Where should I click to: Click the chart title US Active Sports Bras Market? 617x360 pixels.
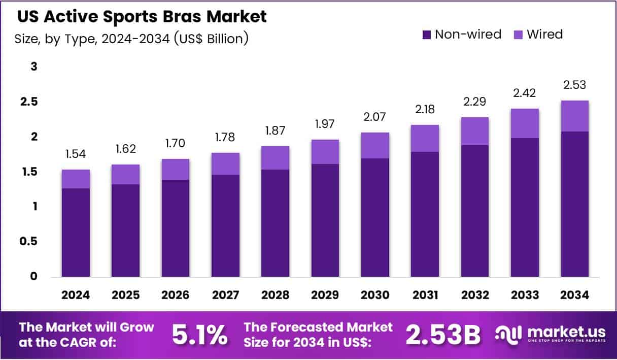point(142,17)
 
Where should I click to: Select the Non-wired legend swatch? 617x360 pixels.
point(427,35)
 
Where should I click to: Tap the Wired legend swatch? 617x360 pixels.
point(519,35)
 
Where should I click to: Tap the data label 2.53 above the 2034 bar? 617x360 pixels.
point(574,85)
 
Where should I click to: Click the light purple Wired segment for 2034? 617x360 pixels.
point(574,116)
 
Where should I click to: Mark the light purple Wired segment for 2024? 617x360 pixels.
point(76,179)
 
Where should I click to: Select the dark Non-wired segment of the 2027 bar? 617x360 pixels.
point(225,225)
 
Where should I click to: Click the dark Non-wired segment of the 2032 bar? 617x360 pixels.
point(474,211)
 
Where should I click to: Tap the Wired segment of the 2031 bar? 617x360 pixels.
point(425,138)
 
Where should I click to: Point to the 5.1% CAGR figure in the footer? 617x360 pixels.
point(199,334)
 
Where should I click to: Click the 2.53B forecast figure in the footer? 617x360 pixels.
point(442,334)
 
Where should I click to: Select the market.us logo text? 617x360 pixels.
point(566,332)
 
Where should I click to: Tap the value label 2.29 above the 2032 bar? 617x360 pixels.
point(474,102)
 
